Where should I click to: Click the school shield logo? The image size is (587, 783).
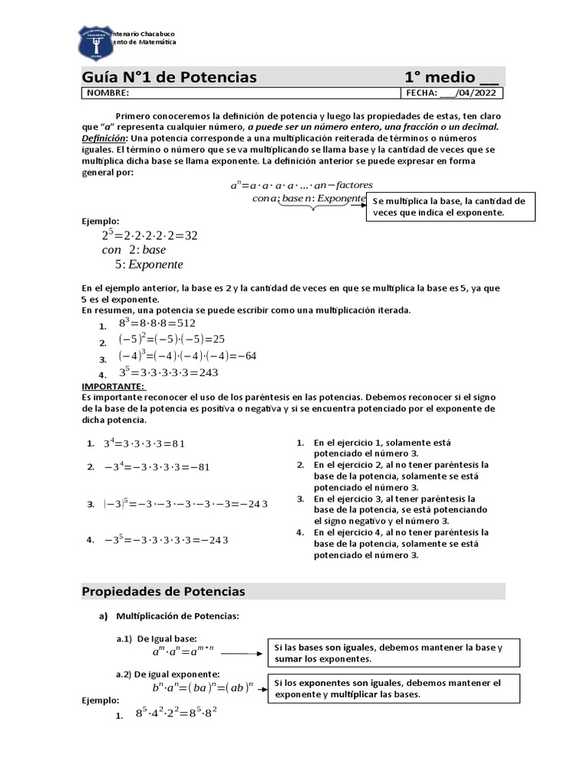pyautogui.click(x=96, y=42)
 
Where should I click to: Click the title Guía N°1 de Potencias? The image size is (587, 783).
pyautogui.click(x=169, y=77)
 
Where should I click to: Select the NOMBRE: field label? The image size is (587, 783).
pyautogui.click(x=108, y=93)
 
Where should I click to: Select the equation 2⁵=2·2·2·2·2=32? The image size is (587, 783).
pyautogui.click(x=150, y=236)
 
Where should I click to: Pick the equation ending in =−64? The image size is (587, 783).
pyautogui.click(x=187, y=356)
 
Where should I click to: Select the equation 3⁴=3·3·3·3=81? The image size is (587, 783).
pyautogui.click(x=145, y=443)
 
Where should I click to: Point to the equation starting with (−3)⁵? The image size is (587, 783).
pyautogui.click(x=186, y=504)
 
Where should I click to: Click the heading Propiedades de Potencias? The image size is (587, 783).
pyautogui.click(x=163, y=592)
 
